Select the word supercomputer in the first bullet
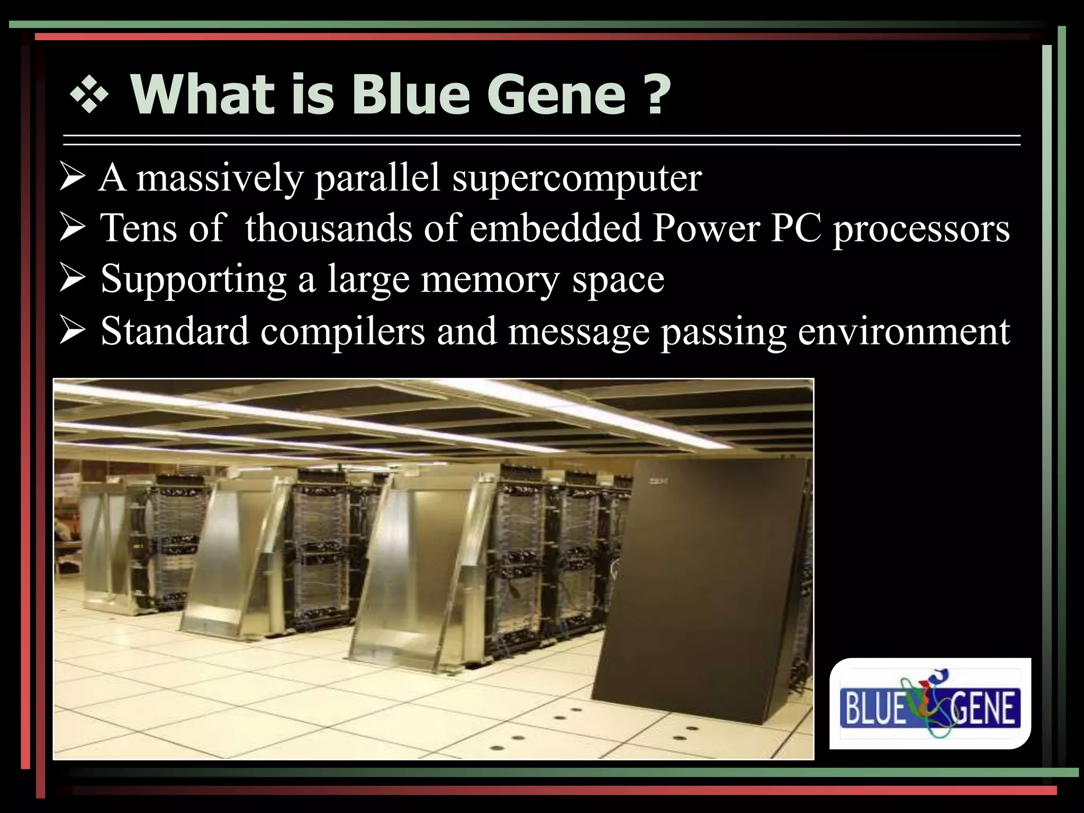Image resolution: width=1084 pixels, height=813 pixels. point(576,179)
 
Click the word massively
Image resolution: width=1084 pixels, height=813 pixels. point(219,179)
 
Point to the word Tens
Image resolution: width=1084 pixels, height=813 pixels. point(135,228)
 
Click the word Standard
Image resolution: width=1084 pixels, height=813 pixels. point(175,331)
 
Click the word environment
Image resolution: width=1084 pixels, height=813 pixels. point(904,331)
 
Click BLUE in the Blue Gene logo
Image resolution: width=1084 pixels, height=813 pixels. point(873,709)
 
